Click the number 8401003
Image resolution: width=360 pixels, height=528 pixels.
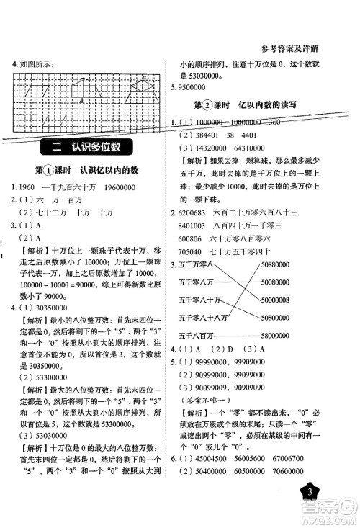click(x=192, y=227)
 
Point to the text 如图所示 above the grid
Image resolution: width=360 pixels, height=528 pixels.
click(x=37, y=64)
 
